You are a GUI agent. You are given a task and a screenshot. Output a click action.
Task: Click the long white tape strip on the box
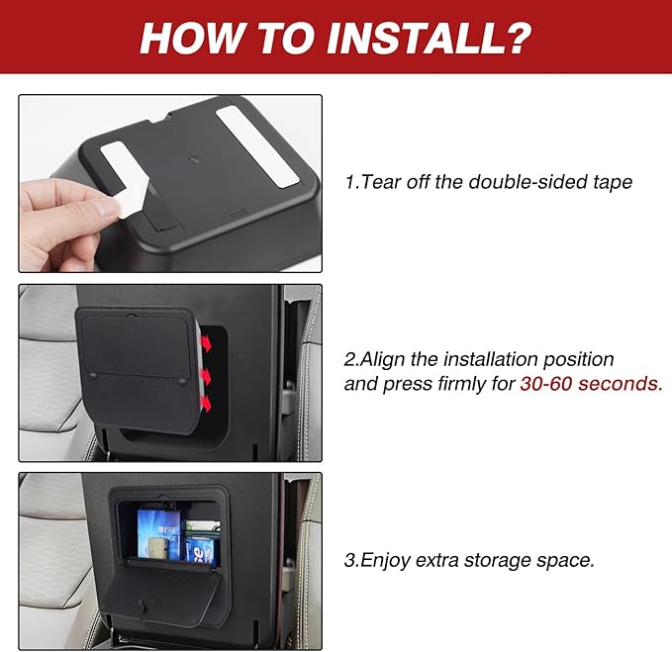click(x=256, y=146)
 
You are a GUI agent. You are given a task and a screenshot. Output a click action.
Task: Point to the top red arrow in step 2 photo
click(x=207, y=343)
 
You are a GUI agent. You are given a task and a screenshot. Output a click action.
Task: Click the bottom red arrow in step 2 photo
click(x=206, y=404)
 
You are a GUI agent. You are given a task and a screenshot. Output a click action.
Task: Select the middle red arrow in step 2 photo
click(x=207, y=375)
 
